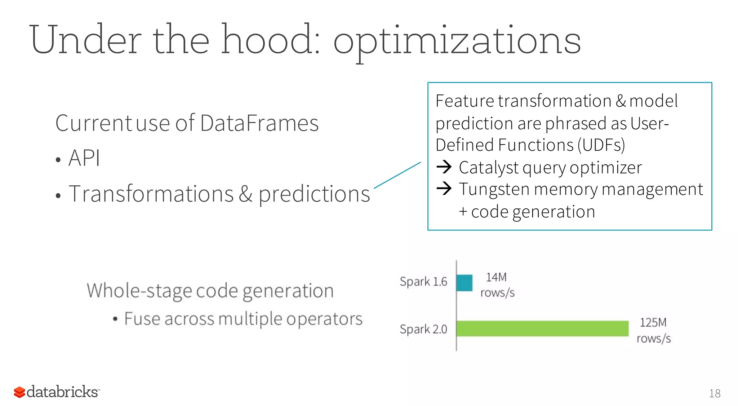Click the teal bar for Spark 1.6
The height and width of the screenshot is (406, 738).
click(x=464, y=283)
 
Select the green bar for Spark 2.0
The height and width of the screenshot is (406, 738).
click(x=542, y=328)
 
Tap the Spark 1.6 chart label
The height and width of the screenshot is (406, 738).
click(x=423, y=282)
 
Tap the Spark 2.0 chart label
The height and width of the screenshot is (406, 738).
click(x=423, y=329)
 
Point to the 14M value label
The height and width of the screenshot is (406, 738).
click(x=496, y=277)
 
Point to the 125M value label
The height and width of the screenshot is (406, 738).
click(x=653, y=322)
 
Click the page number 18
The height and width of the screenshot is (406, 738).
click(x=715, y=393)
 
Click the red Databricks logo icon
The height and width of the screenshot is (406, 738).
click(x=19, y=392)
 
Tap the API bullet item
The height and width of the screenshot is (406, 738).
click(x=84, y=158)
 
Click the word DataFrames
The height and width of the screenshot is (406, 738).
click(x=259, y=123)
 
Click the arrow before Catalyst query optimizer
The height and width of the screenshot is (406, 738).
click(x=444, y=167)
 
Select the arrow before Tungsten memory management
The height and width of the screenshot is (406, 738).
click(x=444, y=188)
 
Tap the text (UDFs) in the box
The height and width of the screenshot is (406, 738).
click(x=601, y=145)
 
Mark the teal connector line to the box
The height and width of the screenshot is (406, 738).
click(x=397, y=175)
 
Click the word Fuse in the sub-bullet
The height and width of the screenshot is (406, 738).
click(x=142, y=319)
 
